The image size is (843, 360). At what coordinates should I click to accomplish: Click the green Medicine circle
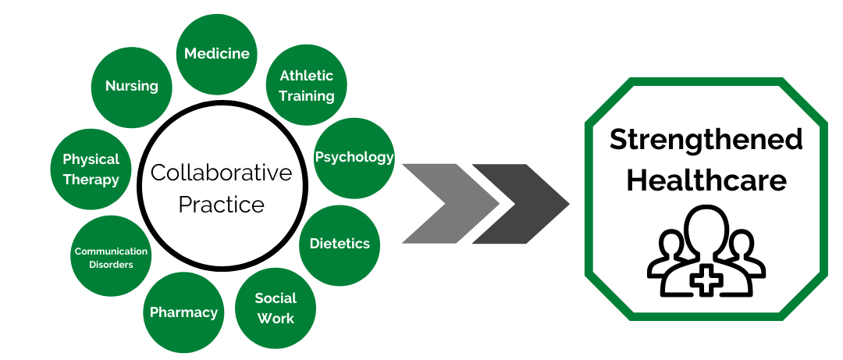(216, 54)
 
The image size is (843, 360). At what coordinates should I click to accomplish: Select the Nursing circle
(131, 86)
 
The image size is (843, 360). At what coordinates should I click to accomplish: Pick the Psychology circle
(354, 157)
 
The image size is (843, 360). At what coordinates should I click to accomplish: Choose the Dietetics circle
(340, 244)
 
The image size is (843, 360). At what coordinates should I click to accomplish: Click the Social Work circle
(276, 308)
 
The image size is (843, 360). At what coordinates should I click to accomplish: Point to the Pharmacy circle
(183, 312)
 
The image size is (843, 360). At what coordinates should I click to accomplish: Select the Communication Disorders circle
(110, 257)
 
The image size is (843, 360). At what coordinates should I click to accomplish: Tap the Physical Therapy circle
(91, 169)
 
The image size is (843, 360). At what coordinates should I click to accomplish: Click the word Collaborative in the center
(221, 173)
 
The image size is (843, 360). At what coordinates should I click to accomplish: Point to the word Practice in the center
(221, 205)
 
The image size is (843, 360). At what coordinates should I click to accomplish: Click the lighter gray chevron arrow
(447, 204)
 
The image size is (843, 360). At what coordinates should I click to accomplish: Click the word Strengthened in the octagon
(706, 140)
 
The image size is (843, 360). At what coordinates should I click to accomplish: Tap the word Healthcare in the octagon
(706, 181)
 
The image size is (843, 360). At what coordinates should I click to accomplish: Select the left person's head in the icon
(670, 244)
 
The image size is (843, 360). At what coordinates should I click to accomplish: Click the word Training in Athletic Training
(307, 96)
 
